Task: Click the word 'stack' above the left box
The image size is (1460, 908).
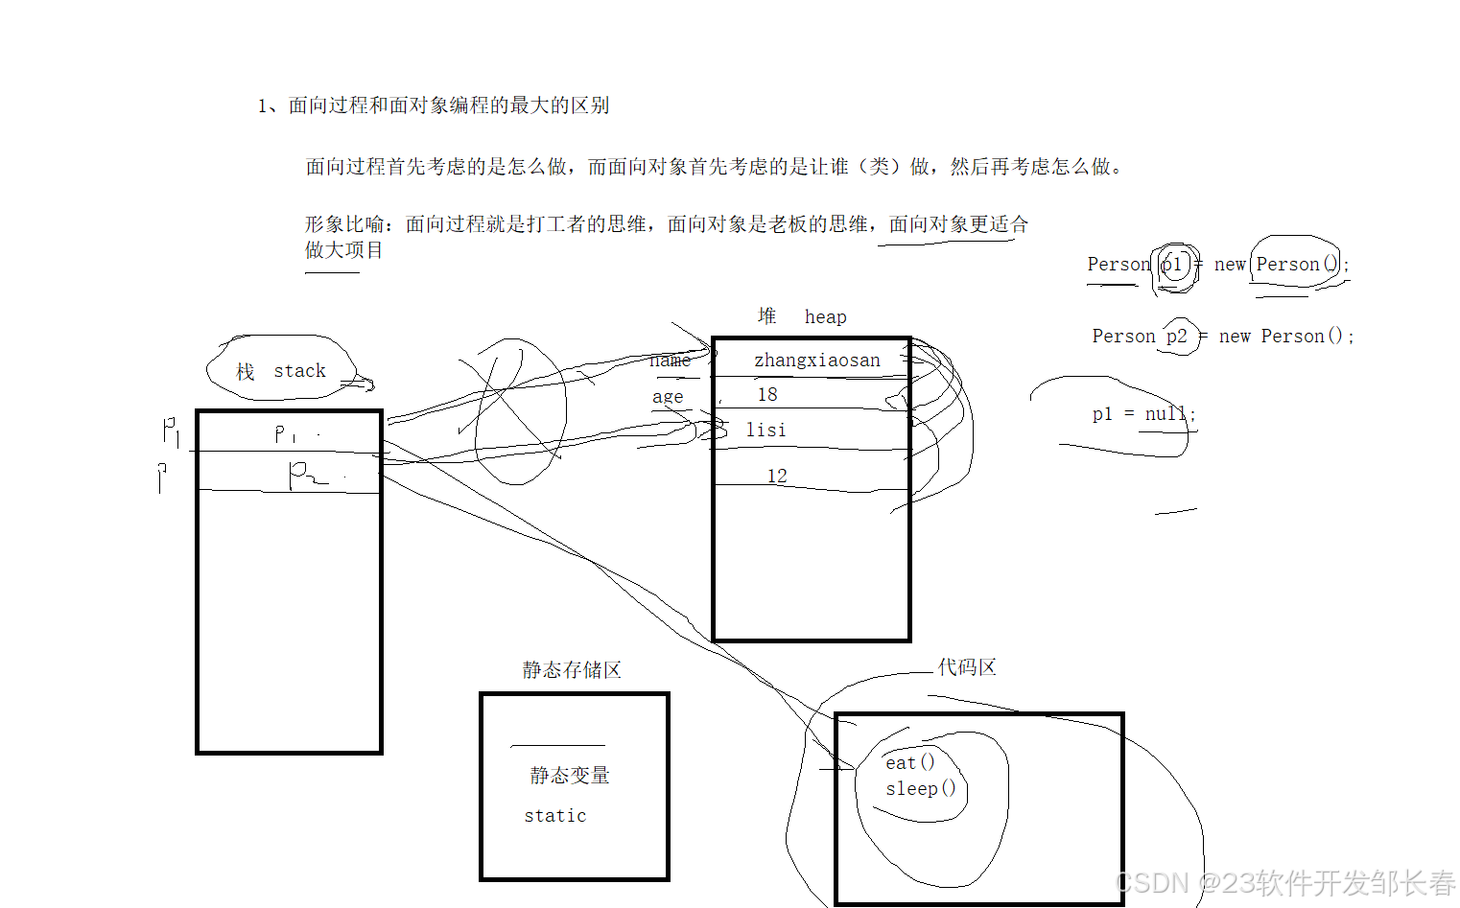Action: point(299,371)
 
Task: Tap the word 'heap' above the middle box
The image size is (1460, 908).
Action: point(825,317)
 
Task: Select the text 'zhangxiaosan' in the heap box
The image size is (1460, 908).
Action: point(816,361)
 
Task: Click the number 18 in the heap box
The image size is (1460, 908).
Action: point(767,395)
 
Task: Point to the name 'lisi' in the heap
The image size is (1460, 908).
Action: point(765,431)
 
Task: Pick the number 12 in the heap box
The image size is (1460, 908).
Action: point(777,476)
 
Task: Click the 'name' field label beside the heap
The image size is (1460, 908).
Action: point(670,361)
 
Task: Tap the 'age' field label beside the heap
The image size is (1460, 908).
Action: point(668,397)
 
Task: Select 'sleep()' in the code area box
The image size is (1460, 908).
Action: point(920,789)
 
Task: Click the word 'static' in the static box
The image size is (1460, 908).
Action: point(554,816)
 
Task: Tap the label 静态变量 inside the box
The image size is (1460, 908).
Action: point(570,775)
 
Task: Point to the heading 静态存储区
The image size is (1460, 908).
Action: point(572,670)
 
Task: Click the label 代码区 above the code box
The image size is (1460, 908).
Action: point(967,667)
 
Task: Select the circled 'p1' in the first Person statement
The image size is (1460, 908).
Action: point(1172,265)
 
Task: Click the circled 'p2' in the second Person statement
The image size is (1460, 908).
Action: point(1177,337)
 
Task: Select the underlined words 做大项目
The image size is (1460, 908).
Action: point(343,250)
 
